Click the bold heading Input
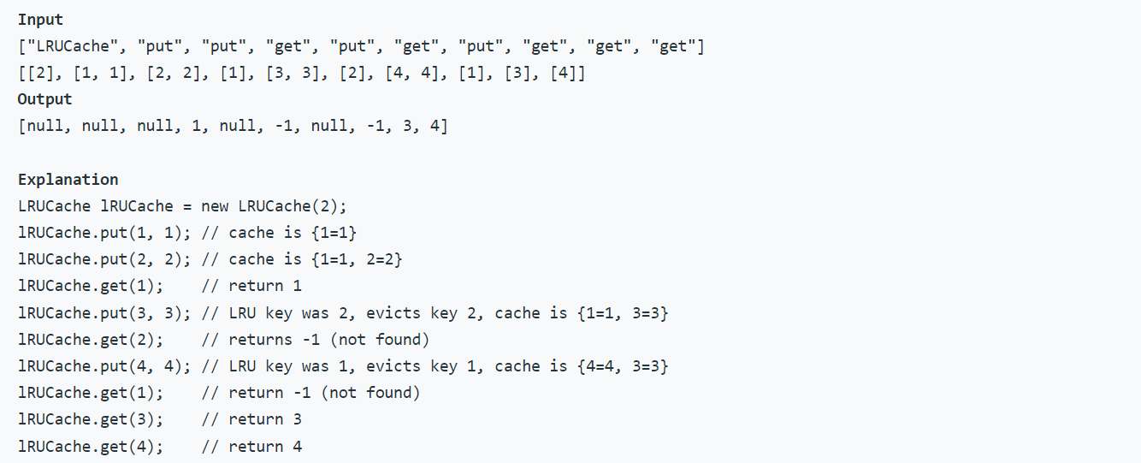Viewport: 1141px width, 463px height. click(x=40, y=19)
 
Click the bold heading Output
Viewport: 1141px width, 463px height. click(x=44, y=99)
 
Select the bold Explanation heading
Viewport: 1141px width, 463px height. click(x=68, y=179)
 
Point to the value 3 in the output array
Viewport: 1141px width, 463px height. click(x=403, y=127)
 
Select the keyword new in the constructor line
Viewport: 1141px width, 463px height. click(x=215, y=206)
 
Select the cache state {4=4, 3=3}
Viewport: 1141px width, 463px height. click(x=623, y=366)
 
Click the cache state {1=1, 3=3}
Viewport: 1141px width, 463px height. click(x=623, y=313)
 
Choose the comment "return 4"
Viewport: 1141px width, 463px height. click(x=265, y=446)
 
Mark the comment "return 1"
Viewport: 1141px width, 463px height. click(x=265, y=286)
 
